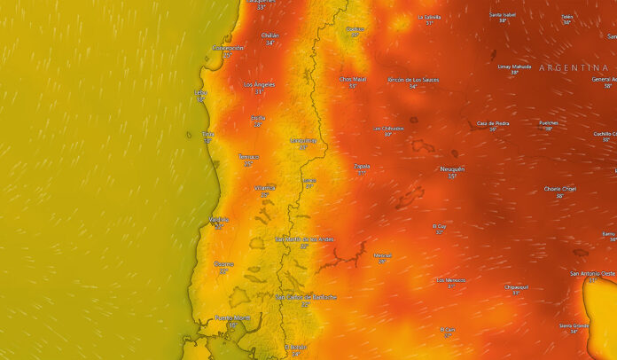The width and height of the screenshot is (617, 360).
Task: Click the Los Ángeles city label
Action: tap(259, 84)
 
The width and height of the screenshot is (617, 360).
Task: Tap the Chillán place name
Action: tap(269, 35)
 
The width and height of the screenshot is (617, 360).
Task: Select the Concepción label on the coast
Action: tap(227, 48)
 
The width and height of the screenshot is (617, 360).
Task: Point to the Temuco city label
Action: tap(248, 157)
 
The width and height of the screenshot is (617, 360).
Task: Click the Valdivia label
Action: tap(219, 219)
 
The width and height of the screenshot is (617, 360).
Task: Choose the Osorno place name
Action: tap(223, 263)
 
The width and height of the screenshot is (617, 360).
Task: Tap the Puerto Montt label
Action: tap(232, 317)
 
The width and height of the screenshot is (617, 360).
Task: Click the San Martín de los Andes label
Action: tap(304, 239)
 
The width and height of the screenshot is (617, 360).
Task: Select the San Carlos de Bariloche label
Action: tap(306, 297)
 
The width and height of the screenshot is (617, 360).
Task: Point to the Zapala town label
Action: tap(362, 165)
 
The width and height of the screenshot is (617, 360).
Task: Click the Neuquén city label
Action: tap(451, 168)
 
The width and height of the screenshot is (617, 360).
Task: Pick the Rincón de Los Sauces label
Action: tap(413, 79)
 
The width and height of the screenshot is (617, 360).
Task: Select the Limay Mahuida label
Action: tap(515, 67)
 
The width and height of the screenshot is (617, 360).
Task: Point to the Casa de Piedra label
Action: tap(493, 122)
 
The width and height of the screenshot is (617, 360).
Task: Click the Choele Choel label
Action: tap(559, 188)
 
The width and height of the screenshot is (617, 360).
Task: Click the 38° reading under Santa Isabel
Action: tap(503, 20)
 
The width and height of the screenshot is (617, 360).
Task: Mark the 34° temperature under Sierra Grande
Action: tap(573, 332)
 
